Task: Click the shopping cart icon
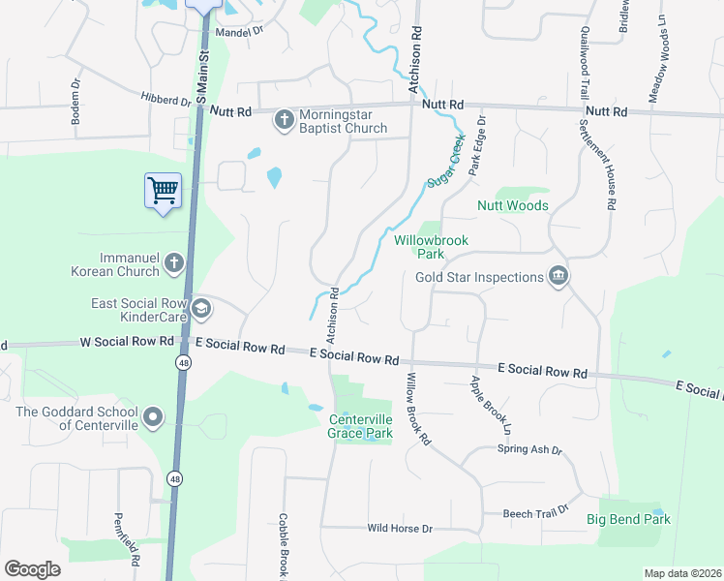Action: (163, 189)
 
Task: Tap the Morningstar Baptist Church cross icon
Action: (285, 120)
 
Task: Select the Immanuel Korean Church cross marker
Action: (173, 261)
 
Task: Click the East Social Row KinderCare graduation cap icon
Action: (201, 310)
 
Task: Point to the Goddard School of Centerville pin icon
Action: (153, 417)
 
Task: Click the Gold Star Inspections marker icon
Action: (558, 278)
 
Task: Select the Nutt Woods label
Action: (512, 205)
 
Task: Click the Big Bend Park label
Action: (628, 520)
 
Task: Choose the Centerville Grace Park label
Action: (361, 426)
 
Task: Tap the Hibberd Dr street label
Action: (166, 100)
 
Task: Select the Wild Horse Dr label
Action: (399, 529)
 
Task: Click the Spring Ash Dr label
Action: (529, 449)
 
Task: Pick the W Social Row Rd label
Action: (128, 341)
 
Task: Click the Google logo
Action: (32, 568)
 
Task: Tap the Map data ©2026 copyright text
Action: (682, 573)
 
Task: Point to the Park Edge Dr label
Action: (475, 146)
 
